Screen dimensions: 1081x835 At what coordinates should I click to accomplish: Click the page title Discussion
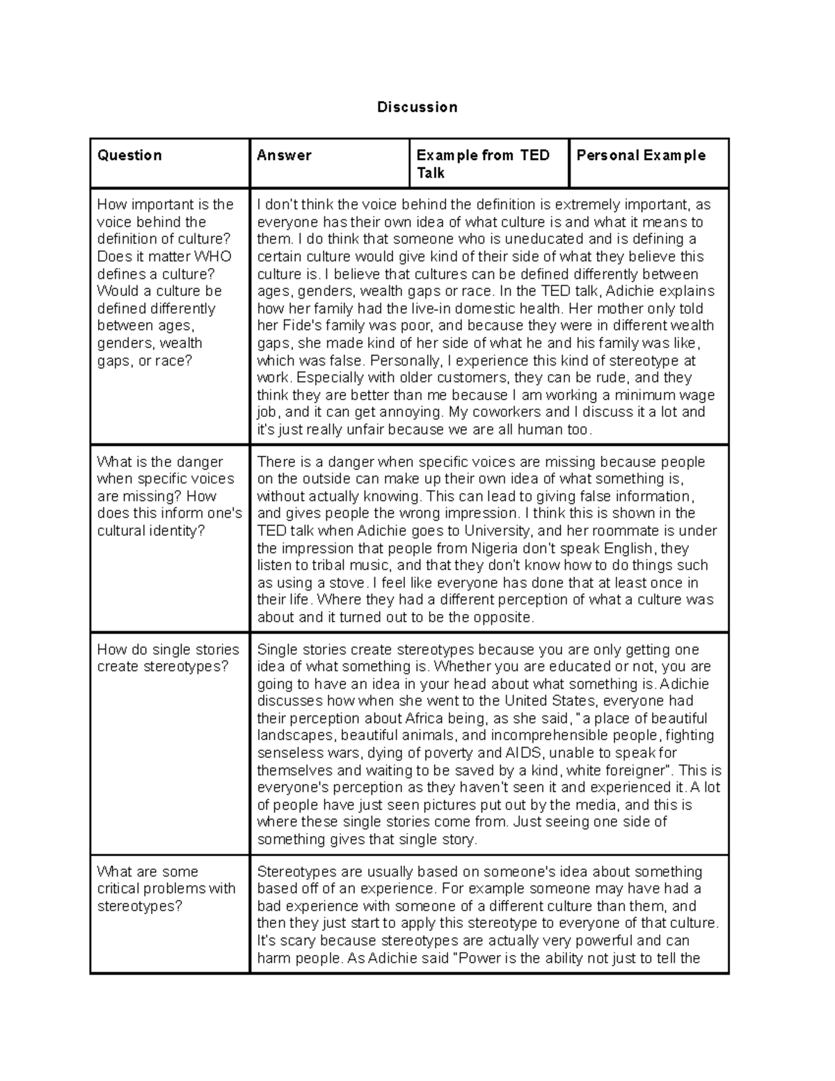[x=417, y=107]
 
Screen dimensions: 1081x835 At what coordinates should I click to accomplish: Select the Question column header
[x=129, y=155]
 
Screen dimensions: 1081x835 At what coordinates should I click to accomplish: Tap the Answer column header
[x=284, y=155]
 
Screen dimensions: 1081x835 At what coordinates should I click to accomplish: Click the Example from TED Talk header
[x=483, y=164]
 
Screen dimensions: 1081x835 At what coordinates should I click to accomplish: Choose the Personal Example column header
[x=641, y=155]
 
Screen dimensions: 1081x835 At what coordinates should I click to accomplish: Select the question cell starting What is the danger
[x=169, y=496]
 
